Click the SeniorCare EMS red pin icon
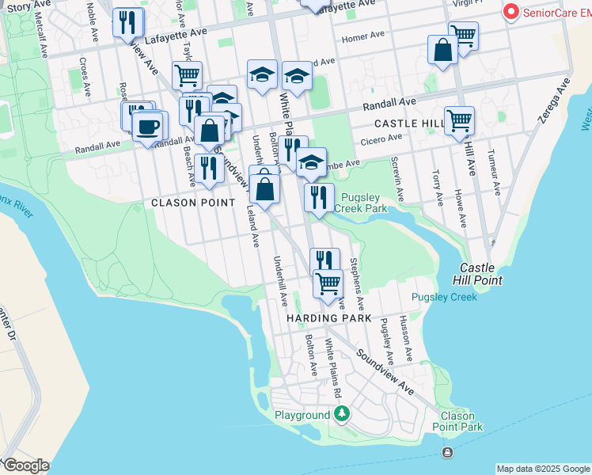(511, 12)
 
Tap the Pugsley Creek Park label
(361, 203)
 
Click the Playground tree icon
(342, 414)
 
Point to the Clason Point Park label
(457, 421)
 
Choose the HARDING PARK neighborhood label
(329, 318)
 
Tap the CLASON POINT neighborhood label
(193, 203)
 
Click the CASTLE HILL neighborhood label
(410, 124)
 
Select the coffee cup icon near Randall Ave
(148, 127)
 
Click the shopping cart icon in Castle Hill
(459, 120)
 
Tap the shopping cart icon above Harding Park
(328, 283)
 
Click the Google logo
(25, 465)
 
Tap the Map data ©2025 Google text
(543, 469)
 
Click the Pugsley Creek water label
(444, 298)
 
